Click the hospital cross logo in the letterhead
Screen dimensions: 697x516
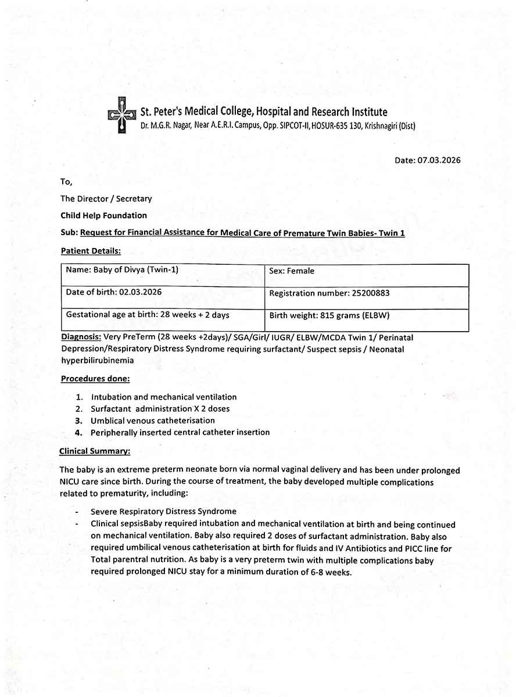[121, 115]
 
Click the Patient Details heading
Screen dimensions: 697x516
[91, 251]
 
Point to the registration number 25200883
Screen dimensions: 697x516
[370, 293]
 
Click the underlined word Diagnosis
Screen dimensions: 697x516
[81, 337]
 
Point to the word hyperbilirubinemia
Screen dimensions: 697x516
[98, 361]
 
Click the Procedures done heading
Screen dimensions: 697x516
[95, 379]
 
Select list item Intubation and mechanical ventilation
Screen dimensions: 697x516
[163, 397]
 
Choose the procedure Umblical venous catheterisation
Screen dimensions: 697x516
[152, 421]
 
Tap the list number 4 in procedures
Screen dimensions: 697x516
[78, 433]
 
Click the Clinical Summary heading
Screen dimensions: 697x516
[95, 451]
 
